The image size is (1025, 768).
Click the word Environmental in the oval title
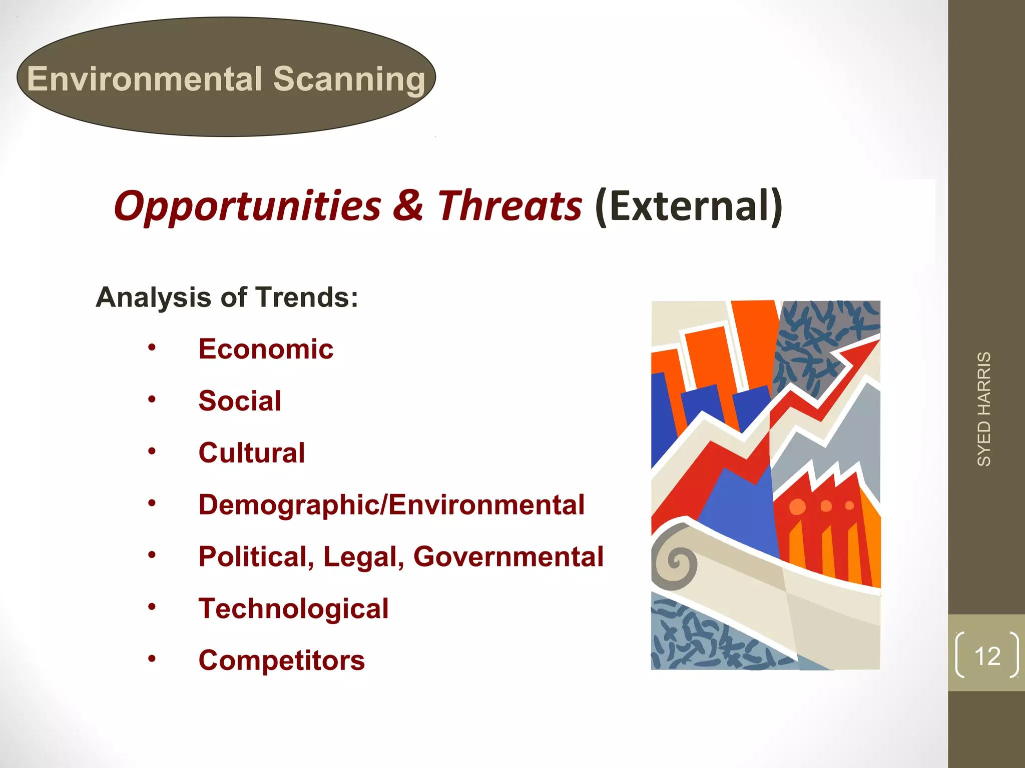coord(145,79)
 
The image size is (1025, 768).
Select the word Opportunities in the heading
coord(247,206)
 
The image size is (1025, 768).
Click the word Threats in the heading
coord(509,206)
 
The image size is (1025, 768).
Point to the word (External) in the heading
coord(689,206)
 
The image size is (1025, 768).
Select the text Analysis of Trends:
coord(227,297)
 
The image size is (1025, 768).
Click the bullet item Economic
coord(266,348)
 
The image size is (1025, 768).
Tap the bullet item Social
coord(240,400)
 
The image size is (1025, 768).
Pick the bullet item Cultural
coord(251,452)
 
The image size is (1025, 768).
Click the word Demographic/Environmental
coord(391,504)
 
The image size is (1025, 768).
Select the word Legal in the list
coord(363,556)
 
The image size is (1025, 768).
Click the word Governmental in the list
coord(508,556)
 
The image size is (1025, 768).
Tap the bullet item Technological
coord(293,608)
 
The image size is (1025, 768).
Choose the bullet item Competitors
coord(281,660)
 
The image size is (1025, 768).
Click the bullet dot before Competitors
coord(152,659)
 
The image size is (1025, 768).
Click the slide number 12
coord(987,656)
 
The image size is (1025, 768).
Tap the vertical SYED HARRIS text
coord(984,409)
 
